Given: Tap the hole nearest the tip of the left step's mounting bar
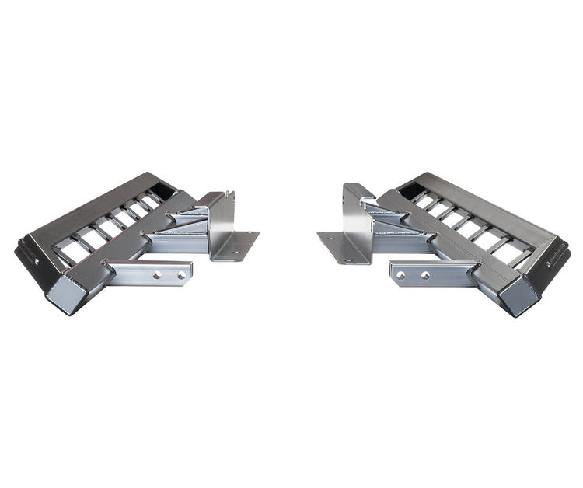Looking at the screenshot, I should coord(180,275).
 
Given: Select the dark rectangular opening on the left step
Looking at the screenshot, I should coord(165,189).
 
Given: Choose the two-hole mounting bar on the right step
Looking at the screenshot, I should coord(431,274).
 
